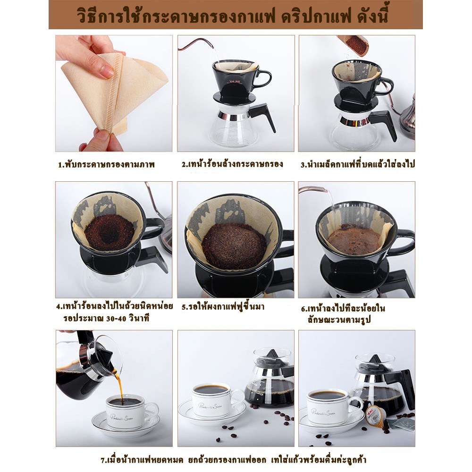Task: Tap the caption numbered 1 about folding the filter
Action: point(106,164)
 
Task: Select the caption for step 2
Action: point(232,164)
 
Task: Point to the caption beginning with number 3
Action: point(358,164)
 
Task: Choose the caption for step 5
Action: point(223,307)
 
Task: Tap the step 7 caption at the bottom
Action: point(233,460)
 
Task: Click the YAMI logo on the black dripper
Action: point(234,82)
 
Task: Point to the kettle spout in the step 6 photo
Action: point(313,190)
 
